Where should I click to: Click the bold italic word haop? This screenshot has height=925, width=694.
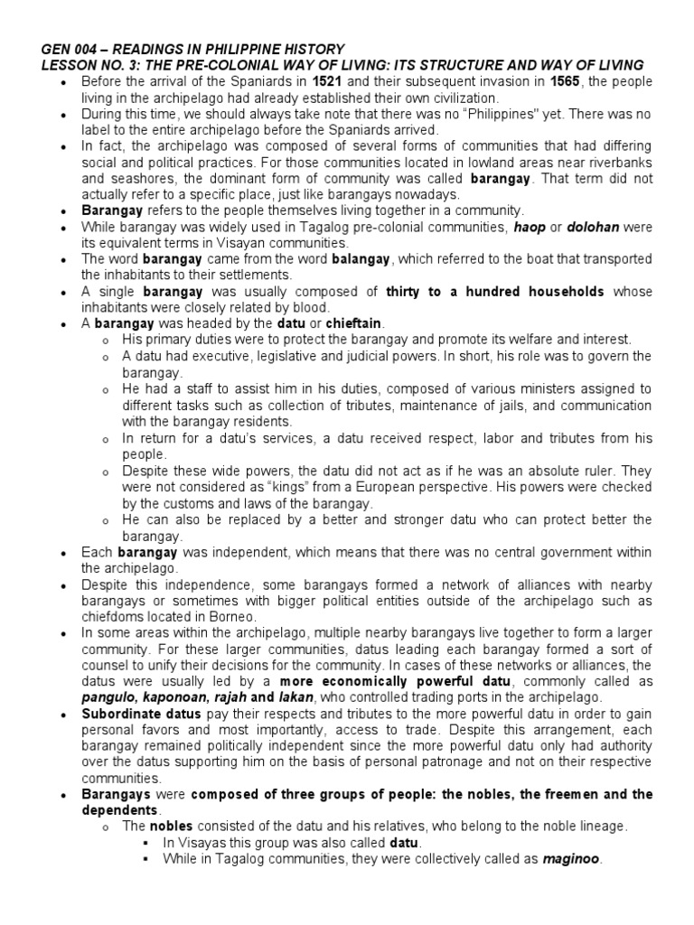pos(530,228)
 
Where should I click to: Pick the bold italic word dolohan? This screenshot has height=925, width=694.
pos(592,228)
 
